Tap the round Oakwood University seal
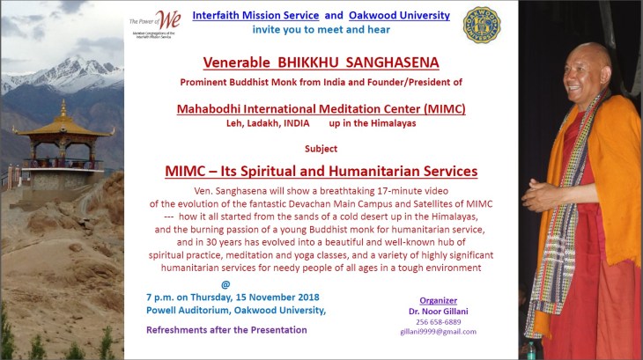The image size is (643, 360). tap(481, 24)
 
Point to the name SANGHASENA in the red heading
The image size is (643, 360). tap(384, 63)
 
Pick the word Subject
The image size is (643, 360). tap(321, 149)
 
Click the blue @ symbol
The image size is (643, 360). tap(225, 284)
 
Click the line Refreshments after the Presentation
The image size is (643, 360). tap(226, 330)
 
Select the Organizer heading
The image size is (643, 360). tap(439, 299)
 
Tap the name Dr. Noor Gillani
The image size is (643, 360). tap(439, 311)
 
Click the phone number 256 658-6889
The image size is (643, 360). tap(439, 321)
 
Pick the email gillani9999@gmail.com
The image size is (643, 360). tap(439, 332)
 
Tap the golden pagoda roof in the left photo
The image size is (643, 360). tap(63, 124)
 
